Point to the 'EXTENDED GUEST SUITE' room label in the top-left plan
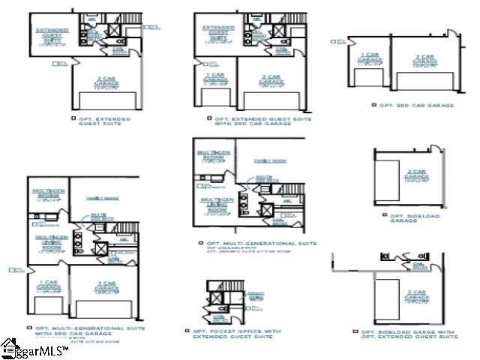[x=52, y=35]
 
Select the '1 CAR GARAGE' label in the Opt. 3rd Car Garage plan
[x=367, y=59]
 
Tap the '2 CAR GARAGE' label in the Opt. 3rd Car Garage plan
[x=424, y=60]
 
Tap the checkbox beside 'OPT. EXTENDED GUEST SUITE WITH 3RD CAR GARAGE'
[x=209, y=118]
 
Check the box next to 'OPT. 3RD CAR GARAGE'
[x=373, y=106]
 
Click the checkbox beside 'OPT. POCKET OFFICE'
[x=187, y=330]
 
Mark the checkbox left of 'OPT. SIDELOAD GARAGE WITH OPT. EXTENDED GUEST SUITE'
[x=355, y=331]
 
